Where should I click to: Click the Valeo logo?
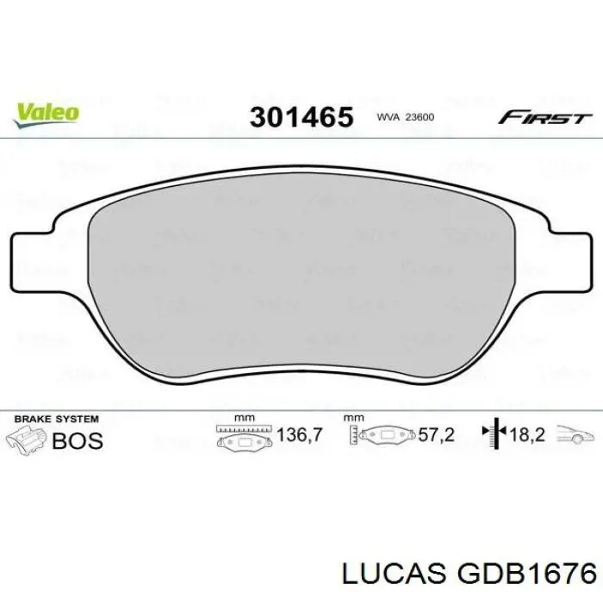tap(47, 112)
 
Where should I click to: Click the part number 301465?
tap(301, 116)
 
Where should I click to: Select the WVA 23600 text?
tap(404, 117)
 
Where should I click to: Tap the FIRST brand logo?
tap(546, 116)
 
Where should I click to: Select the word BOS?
tap(78, 440)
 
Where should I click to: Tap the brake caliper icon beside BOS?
tap(28, 438)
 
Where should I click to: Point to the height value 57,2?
tap(437, 436)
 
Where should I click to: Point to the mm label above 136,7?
tap(244, 417)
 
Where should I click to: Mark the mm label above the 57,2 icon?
tap(353, 417)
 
